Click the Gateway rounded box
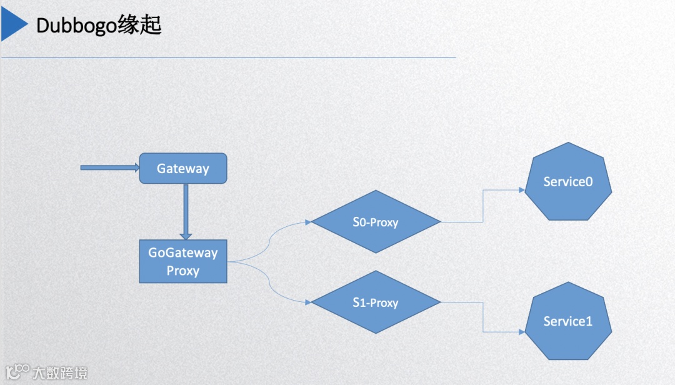point(182,168)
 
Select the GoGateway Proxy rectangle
point(182,261)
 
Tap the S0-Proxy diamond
point(375,222)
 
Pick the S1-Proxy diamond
point(375,302)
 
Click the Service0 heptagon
point(567,181)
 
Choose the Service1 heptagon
point(567,321)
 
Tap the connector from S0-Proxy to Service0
point(482,206)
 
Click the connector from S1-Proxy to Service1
point(482,317)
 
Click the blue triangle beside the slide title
point(14,25)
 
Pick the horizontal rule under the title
point(228,58)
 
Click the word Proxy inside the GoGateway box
point(182,271)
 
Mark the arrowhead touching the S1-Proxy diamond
point(307,302)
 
